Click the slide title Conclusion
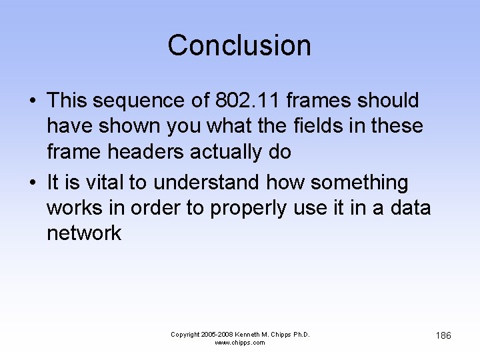(x=239, y=45)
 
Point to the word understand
(x=205, y=182)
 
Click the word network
(x=84, y=233)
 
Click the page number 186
(x=443, y=335)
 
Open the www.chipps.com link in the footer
(x=239, y=343)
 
